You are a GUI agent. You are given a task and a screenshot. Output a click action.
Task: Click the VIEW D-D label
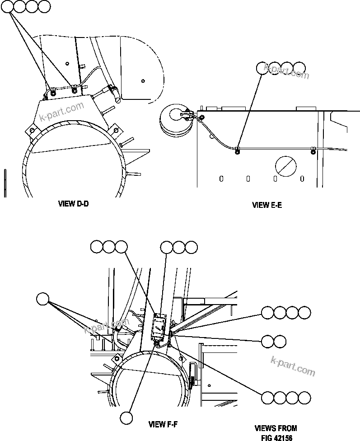73,204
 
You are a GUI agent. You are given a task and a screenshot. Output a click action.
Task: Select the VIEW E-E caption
267,205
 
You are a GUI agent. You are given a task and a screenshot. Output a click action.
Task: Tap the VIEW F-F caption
164,424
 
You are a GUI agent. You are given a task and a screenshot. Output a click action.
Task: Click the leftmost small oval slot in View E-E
221,178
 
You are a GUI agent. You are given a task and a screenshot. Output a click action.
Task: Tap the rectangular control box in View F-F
159,328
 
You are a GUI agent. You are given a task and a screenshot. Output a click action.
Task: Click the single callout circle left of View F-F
43,299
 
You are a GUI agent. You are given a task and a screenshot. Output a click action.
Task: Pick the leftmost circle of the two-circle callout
267,341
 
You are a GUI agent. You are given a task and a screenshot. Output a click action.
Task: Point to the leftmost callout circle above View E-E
262,68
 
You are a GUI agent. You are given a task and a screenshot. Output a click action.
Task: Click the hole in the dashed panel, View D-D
143,81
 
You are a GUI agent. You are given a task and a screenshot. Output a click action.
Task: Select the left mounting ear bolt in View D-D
32,131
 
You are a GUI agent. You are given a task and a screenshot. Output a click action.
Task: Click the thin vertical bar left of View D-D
5,183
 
